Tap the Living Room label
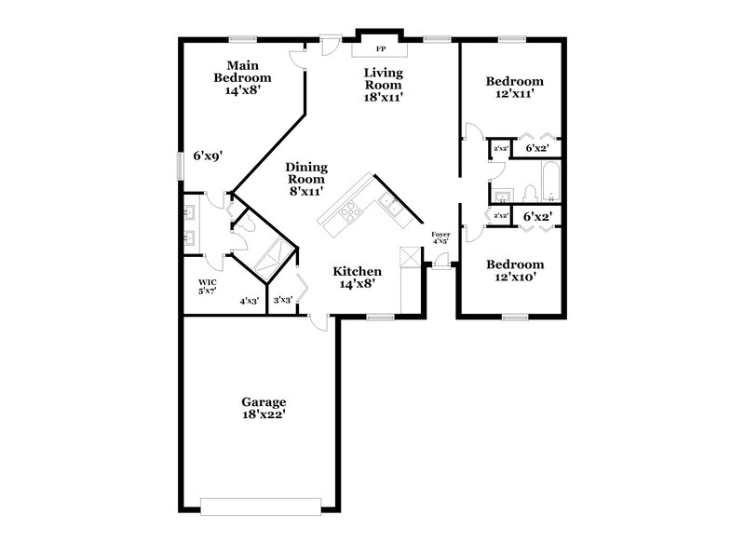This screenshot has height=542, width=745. pyautogui.click(x=383, y=84)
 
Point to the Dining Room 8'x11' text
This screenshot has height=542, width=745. pyautogui.click(x=306, y=178)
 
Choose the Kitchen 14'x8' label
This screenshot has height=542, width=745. pyautogui.click(x=358, y=278)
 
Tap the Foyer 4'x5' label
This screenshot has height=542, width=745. pyautogui.click(x=440, y=237)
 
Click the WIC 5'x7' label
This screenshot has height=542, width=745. pyautogui.click(x=207, y=286)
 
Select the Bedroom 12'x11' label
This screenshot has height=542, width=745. pyautogui.click(x=515, y=88)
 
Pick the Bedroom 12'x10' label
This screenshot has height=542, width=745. pyautogui.click(x=515, y=270)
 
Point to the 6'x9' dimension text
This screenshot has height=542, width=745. pyautogui.click(x=208, y=156)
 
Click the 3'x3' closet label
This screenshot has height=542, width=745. pyautogui.click(x=282, y=300)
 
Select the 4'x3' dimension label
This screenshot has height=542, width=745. pyautogui.click(x=250, y=300)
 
